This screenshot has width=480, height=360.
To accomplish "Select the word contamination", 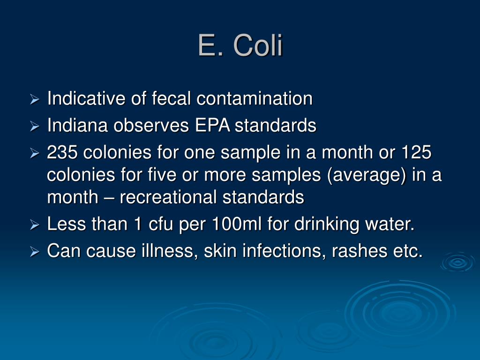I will pyautogui.click(x=255, y=99).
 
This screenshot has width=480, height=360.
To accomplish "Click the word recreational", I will pyautogui.click(x=168, y=197).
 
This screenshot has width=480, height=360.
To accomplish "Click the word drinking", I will pyautogui.click(x=327, y=225).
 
